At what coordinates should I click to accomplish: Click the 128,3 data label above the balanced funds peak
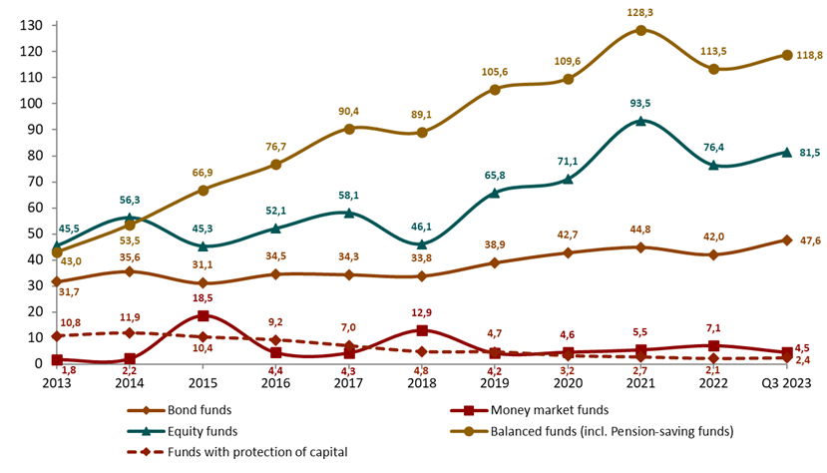coord(640,11)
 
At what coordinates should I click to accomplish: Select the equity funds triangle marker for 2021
coord(640,121)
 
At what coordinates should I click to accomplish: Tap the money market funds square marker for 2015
coord(203,315)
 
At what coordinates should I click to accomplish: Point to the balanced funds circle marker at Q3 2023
coord(787,55)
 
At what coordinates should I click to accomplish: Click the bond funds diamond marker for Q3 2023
coord(787,240)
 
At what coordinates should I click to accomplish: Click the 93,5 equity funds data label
coord(640,103)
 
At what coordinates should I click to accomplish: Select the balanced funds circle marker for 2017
coord(349,129)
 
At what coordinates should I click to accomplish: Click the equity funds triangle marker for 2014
coord(130,218)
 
